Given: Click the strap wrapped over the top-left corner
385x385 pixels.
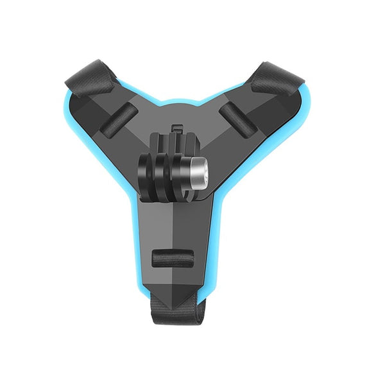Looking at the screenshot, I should (x=87, y=77).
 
